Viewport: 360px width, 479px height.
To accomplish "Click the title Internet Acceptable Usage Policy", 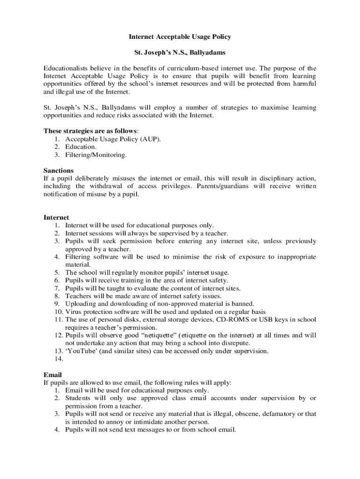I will click(x=180, y=36).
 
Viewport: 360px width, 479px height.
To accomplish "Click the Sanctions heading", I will click(x=58, y=170).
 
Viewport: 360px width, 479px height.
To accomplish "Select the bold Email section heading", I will click(x=52, y=375).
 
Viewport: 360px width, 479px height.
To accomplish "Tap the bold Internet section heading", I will click(x=56, y=218).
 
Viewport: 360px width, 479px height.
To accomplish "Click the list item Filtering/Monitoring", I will click(x=96, y=154).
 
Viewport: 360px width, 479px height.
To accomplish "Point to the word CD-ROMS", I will click(x=233, y=319).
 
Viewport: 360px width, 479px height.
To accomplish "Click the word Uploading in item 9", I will click(x=81, y=304).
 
